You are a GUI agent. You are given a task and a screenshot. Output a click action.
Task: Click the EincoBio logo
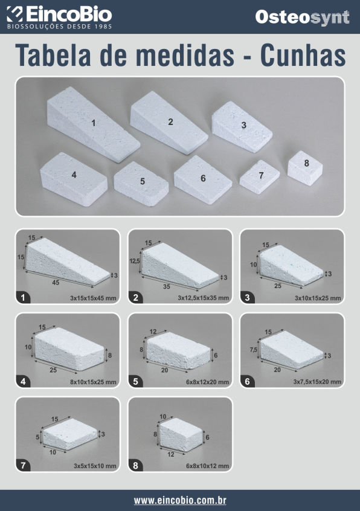click(59, 18)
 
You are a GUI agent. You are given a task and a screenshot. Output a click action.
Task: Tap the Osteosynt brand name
click(303, 18)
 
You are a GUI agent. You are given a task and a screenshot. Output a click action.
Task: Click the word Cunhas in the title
click(303, 55)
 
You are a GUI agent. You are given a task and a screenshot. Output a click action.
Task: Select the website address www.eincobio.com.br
click(180, 500)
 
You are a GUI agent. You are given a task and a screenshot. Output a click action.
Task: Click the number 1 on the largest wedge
click(94, 123)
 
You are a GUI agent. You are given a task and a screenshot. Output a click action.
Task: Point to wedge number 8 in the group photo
click(305, 168)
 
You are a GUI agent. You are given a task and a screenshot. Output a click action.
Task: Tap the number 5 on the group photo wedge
click(143, 181)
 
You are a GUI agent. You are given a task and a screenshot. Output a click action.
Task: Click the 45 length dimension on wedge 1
click(56, 283)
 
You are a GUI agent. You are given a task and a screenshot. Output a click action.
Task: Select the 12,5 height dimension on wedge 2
click(135, 261)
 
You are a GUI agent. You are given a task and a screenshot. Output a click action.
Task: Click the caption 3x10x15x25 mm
click(318, 298)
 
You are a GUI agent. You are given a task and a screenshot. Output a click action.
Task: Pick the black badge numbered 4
click(23, 381)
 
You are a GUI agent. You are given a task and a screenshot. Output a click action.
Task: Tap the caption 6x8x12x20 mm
click(208, 382)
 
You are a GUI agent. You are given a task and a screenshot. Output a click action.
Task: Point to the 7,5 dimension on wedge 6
click(254, 350)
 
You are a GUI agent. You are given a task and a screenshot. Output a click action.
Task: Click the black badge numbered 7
click(23, 465)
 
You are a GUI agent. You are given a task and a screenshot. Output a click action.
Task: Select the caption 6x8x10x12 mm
click(208, 466)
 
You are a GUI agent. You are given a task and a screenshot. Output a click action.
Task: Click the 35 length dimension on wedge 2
click(167, 286)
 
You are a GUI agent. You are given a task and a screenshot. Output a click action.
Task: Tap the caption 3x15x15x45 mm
click(93, 298)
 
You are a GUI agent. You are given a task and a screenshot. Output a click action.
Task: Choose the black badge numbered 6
click(248, 381)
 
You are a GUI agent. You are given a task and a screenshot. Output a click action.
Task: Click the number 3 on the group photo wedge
click(243, 125)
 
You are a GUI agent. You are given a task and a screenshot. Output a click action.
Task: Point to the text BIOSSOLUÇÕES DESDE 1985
click(60, 27)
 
